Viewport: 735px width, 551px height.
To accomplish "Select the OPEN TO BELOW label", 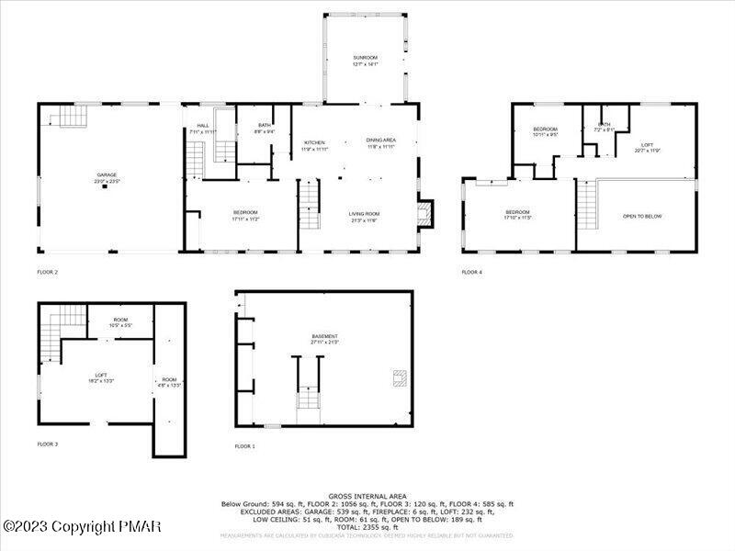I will [x=642, y=217].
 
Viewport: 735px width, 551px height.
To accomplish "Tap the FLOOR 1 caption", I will [x=244, y=446].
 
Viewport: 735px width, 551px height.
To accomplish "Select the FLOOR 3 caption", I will [x=47, y=444].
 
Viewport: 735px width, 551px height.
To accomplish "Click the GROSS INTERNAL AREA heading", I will [x=367, y=497].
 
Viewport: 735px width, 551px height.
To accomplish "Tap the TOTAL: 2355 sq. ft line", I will [x=367, y=527].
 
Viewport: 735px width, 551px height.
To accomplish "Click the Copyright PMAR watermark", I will [x=83, y=526].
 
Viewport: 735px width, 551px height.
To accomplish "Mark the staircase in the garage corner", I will [x=68, y=116].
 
